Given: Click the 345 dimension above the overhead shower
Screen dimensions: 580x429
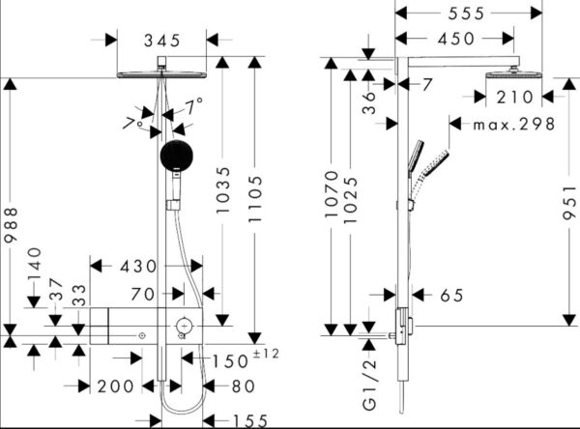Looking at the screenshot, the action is pyautogui.click(x=162, y=41).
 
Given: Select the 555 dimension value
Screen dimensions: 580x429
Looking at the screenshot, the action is pyautogui.click(x=466, y=14).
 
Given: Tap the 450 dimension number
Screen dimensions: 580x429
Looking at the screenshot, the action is pyautogui.click(x=456, y=39).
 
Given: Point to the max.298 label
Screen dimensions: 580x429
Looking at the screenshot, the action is pyautogui.click(x=514, y=125).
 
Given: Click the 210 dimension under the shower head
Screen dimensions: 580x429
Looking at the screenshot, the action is pyautogui.click(x=515, y=98).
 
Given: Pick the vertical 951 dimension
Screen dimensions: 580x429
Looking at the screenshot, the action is pyautogui.click(x=570, y=203).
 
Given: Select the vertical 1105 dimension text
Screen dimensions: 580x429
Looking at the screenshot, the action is pyautogui.click(x=255, y=199).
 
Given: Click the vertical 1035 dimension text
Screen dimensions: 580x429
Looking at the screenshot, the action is pyautogui.click(x=223, y=190).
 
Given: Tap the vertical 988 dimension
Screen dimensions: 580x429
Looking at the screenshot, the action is pyautogui.click(x=11, y=225).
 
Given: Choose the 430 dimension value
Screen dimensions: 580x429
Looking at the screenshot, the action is pyautogui.click(x=138, y=267).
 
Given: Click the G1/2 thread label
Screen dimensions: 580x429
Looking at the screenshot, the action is pyautogui.click(x=369, y=385).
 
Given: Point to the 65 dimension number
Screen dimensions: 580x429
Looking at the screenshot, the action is pyautogui.click(x=451, y=295).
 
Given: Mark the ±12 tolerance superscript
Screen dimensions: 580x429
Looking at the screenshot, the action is pyautogui.click(x=266, y=354).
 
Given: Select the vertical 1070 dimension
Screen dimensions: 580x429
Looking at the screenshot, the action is pyautogui.click(x=332, y=194).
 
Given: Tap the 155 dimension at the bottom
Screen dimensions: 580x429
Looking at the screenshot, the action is pyautogui.click(x=250, y=421).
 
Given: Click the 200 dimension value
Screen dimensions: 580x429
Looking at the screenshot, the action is pyautogui.click(x=115, y=386).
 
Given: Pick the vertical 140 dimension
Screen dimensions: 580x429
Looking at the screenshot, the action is pyautogui.click(x=35, y=264).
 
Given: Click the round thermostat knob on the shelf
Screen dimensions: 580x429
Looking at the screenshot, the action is pyautogui.click(x=184, y=326).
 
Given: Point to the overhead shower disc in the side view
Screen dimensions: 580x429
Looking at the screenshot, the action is pyautogui.click(x=514, y=74).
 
